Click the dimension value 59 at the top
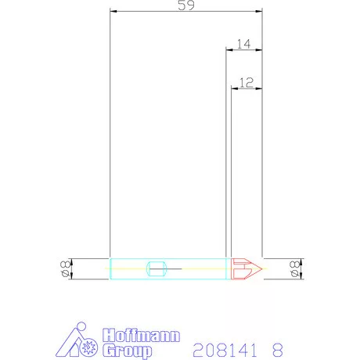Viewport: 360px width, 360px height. tap(186, 5)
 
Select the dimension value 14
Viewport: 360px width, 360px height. tap(243, 45)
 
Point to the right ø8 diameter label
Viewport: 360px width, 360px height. tap(295, 268)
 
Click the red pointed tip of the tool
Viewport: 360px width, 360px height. tap(246, 268)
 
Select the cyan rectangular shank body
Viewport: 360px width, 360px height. tap(169, 268)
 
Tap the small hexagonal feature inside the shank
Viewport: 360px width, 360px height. tap(157, 268)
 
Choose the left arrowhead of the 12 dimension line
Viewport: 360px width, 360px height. tap(233, 87)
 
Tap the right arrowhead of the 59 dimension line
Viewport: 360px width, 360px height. tap(260, 12)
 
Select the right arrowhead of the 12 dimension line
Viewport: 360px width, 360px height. tap(260, 87)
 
